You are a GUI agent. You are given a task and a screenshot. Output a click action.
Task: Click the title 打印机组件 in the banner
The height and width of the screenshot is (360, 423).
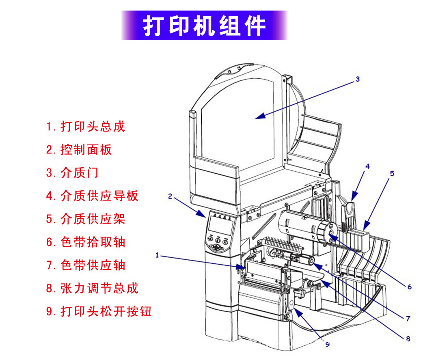click(x=204, y=26)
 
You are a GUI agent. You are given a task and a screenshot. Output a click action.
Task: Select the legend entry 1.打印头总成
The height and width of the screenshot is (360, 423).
click(x=85, y=126)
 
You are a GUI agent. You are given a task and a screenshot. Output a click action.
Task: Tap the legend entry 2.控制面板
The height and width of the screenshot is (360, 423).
click(x=79, y=150)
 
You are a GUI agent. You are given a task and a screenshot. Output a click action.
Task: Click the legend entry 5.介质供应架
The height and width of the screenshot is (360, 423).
click(x=85, y=219)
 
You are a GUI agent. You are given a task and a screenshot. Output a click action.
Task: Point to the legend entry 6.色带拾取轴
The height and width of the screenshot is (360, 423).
click(x=85, y=242)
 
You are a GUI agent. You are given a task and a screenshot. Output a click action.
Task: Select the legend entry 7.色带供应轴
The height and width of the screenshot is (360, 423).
click(x=85, y=265)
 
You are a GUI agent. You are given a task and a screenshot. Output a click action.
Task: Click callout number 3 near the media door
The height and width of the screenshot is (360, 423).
click(x=357, y=79)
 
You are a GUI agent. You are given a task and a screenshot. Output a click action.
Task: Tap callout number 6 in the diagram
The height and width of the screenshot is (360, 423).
click(x=409, y=287)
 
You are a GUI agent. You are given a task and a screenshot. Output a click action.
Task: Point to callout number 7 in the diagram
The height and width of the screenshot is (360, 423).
click(x=408, y=318)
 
